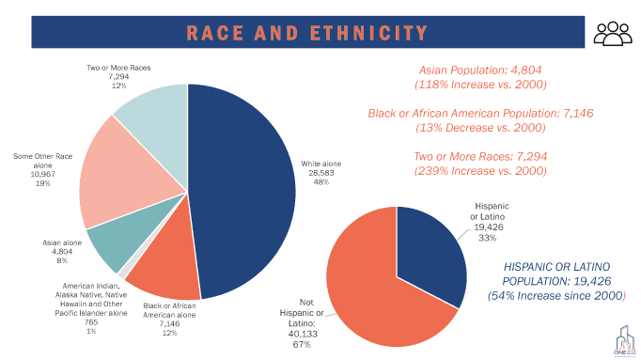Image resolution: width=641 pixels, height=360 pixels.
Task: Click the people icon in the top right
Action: click(614, 33)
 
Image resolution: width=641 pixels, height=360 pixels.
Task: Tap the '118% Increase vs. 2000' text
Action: click(480, 85)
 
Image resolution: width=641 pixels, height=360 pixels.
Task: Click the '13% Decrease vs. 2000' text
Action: click(480, 128)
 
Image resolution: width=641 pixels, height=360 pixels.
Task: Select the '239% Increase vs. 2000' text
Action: click(480, 171)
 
